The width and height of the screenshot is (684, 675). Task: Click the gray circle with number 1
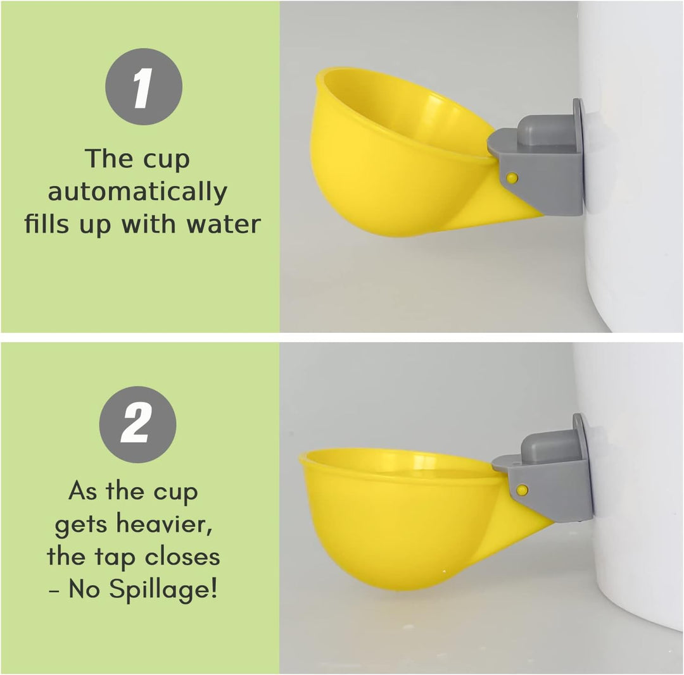[144, 87]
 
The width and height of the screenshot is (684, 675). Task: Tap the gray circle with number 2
[137, 424]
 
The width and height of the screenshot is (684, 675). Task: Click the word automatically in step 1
[137, 192]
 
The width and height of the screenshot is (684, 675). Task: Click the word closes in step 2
[182, 557]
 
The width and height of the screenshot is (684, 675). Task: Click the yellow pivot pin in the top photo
[512, 178]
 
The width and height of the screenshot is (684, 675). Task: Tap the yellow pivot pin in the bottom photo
[522, 490]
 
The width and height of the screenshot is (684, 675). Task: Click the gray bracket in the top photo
[551, 183]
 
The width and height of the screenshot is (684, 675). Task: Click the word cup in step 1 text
[166, 159]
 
